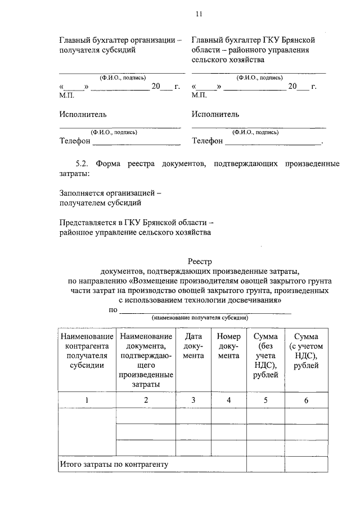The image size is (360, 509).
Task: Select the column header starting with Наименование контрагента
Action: pos(86,350)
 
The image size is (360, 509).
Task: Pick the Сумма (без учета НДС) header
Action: pos(265,355)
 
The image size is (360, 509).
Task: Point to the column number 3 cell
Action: pos(193,400)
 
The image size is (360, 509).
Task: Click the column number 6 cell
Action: pos(306,400)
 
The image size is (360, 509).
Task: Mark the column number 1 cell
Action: pos(86,400)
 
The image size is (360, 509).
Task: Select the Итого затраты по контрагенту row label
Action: pos(114,464)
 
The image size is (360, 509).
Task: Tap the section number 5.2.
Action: pos(83,164)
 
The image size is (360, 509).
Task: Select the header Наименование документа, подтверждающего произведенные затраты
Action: pos(145,360)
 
